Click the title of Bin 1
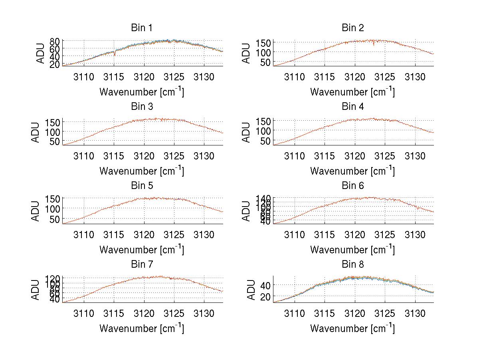142,28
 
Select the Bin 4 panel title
352,107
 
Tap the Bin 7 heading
142,265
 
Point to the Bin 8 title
352,265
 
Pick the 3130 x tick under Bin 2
415,77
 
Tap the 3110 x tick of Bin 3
84,155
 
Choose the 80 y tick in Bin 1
55,41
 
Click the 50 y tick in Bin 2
266,62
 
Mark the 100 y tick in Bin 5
53,208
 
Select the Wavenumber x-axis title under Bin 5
142,250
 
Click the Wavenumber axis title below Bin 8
352,328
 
